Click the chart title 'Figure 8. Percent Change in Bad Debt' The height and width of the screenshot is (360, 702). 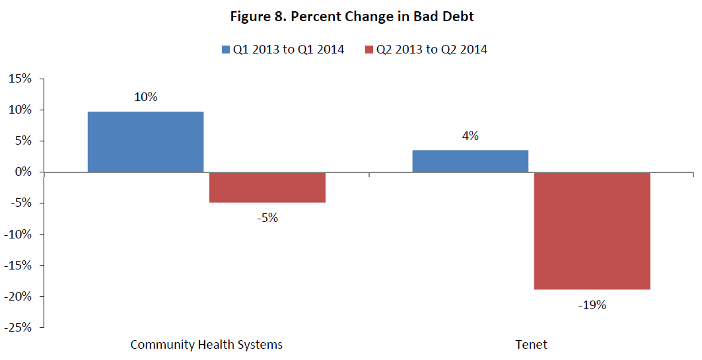[351, 17]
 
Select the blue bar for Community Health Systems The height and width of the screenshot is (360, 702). [145, 141]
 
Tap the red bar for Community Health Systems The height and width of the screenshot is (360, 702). [267, 187]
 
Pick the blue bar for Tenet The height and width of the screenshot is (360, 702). [470, 161]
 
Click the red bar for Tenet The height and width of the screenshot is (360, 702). [592, 231]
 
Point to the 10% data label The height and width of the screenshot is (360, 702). [145, 97]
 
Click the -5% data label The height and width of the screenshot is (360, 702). [267, 217]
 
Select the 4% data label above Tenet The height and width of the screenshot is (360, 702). [470, 136]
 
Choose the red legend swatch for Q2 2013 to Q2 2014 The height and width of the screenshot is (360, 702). [369, 50]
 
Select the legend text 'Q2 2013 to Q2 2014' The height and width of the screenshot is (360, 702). [432, 50]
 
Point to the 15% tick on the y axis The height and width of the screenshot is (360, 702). [19, 79]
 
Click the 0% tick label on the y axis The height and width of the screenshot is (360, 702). [22, 172]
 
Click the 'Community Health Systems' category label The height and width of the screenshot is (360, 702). [206, 345]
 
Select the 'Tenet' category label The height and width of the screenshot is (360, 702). [532, 345]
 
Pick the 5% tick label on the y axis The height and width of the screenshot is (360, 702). [22, 141]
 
